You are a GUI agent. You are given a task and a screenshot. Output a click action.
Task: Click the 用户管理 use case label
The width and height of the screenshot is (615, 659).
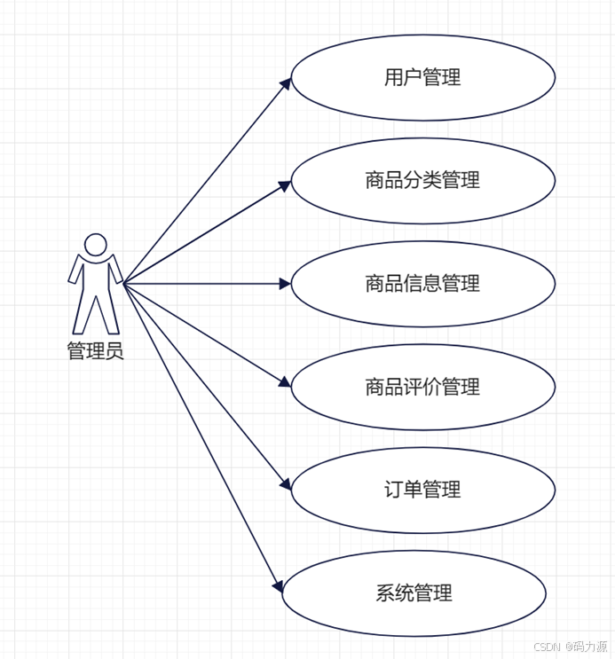tap(422, 77)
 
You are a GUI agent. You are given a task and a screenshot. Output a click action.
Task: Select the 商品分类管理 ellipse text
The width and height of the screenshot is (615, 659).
tap(422, 181)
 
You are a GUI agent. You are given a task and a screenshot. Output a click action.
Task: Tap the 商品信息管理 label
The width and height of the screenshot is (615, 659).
tap(422, 284)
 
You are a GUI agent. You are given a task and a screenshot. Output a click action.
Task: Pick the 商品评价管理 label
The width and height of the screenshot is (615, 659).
tap(422, 387)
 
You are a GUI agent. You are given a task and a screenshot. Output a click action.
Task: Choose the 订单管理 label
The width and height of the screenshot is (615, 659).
tap(422, 490)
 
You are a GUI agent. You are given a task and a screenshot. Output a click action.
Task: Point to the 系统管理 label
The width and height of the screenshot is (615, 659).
tap(414, 593)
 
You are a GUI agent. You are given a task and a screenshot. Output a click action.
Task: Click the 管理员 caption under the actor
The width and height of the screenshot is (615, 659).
tap(95, 351)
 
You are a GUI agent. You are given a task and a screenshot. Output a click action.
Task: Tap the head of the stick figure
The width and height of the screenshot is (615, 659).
tap(95, 244)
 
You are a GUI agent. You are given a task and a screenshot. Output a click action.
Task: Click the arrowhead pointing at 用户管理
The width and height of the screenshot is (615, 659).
tap(286, 83)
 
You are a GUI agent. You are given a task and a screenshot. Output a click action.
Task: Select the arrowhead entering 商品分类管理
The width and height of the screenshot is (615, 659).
tap(285, 186)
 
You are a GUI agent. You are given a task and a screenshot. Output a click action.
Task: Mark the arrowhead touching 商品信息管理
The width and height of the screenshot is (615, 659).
tap(285, 284)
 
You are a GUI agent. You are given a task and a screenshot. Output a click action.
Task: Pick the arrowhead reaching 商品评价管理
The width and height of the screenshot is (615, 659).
tap(285, 382)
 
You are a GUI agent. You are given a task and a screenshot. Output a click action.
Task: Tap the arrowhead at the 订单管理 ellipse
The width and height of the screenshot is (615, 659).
tap(286, 484)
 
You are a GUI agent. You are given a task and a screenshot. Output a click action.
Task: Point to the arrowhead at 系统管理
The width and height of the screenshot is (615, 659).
tap(278, 586)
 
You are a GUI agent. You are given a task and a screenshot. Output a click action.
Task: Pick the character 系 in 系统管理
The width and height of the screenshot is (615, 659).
tap(384, 593)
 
